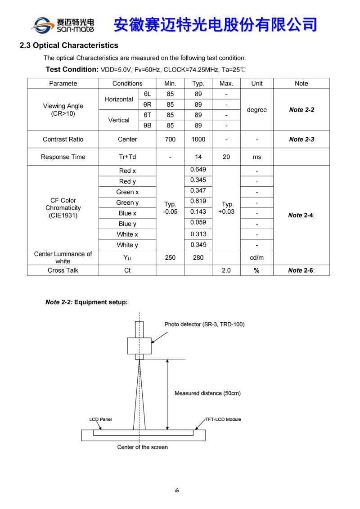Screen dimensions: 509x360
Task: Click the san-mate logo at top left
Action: click(63, 25)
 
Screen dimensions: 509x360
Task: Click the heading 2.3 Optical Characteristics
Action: click(69, 45)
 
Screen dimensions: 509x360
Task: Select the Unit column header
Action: click(256, 83)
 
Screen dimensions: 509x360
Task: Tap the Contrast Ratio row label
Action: click(63, 139)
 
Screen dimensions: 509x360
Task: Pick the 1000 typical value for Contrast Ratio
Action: click(198, 139)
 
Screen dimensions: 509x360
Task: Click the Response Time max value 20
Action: click(226, 157)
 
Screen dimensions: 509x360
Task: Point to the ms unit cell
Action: click(256, 157)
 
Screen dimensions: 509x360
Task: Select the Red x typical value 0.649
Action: click(198, 170)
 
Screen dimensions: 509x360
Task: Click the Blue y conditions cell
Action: click(127, 224)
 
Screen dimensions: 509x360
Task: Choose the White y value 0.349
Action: click(198, 245)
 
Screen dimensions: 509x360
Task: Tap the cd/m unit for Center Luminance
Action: click(256, 257)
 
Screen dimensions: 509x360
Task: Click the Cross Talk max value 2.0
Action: click(226, 270)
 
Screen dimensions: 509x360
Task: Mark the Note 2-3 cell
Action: click(301, 139)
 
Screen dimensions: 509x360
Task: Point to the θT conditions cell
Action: click(147, 115)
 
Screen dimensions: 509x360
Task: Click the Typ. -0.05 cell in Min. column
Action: click(170, 208)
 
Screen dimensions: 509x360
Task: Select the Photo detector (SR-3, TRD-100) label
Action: click(204, 324)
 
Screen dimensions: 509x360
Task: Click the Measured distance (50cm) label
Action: click(207, 393)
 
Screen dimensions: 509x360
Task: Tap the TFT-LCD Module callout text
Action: click(223, 419)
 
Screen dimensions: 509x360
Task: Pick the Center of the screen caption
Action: click(142, 447)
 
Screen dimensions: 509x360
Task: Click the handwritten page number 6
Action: click(177, 491)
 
